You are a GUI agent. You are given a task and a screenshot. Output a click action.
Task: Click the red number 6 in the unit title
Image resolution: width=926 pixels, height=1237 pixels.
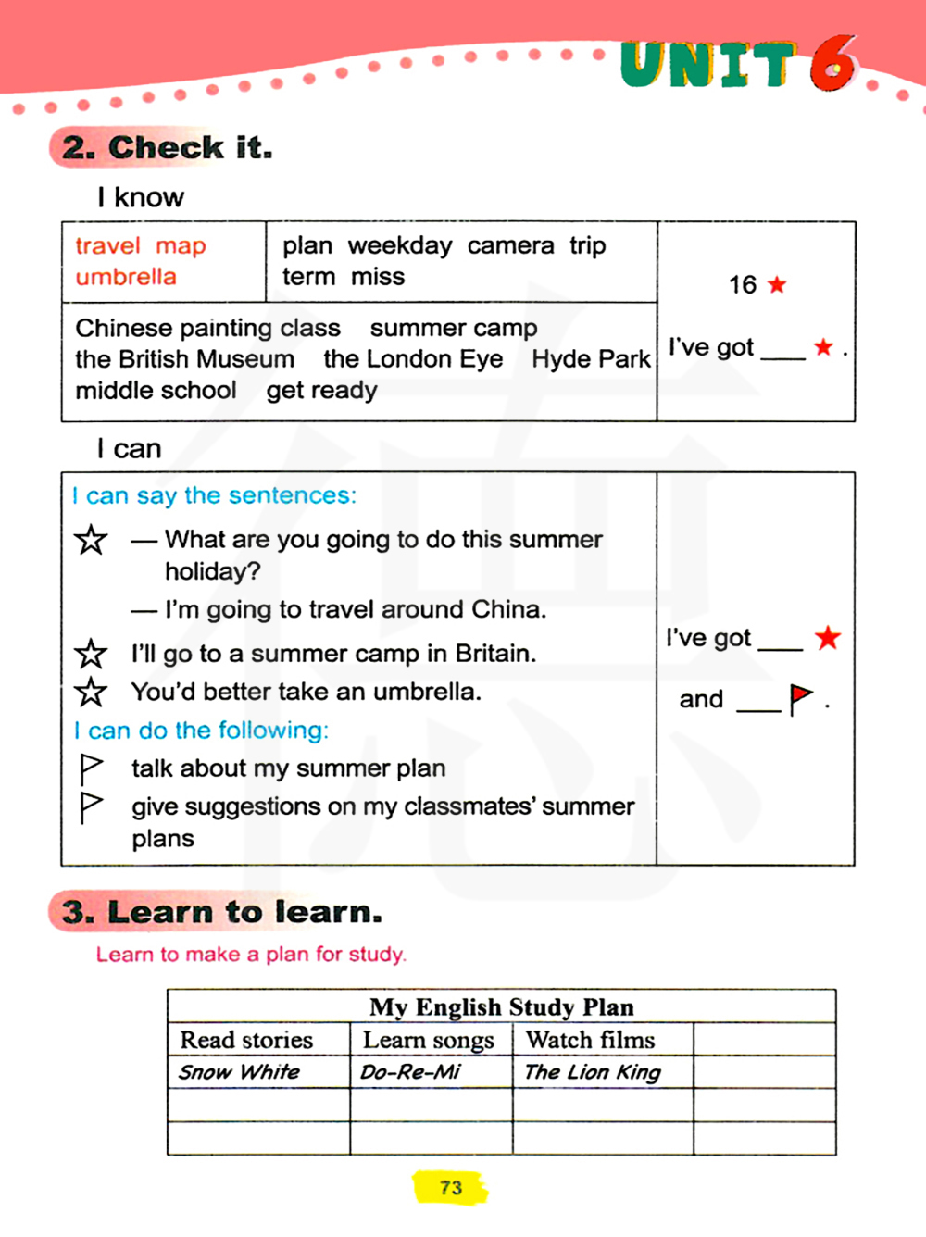click(832, 64)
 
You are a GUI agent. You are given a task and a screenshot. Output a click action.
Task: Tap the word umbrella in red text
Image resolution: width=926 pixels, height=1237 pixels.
click(126, 277)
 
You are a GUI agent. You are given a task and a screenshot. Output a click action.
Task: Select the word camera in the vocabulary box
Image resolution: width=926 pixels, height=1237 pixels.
click(510, 245)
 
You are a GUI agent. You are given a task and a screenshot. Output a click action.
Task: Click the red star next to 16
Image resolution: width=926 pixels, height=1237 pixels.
click(777, 284)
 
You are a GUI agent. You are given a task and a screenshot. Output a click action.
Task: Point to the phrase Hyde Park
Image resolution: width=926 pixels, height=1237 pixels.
click(591, 359)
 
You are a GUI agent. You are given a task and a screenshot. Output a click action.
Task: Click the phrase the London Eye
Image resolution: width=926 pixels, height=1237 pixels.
click(413, 359)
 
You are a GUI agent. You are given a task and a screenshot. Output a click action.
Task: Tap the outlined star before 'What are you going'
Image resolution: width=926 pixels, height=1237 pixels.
click(91, 539)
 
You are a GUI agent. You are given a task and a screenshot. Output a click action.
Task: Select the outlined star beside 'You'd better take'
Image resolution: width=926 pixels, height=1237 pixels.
click(91, 692)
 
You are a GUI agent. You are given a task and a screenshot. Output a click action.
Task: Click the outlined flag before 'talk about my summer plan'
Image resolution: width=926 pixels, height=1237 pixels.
click(91, 768)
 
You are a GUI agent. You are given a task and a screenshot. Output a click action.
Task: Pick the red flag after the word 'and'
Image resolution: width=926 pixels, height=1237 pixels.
click(800, 698)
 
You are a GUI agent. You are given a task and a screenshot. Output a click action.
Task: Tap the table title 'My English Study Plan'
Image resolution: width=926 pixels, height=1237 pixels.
click(501, 1006)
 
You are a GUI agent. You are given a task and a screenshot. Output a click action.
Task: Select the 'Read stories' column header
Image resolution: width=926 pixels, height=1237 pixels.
click(246, 1040)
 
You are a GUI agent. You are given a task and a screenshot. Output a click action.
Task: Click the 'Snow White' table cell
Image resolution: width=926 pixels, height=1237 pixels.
click(239, 1072)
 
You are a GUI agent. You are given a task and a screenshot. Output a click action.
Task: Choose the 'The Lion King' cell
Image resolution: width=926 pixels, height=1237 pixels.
click(593, 1072)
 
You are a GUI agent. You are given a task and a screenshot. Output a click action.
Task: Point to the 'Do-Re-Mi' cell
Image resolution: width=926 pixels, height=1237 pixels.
click(410, 1072)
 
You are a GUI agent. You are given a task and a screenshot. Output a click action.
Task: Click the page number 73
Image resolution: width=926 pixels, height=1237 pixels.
click(451, 1188)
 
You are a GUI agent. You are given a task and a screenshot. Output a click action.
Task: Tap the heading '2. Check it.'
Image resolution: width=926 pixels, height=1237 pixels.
click(168, 147)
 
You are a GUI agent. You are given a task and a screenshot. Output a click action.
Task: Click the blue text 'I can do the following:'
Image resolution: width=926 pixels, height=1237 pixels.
click(201, 731)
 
